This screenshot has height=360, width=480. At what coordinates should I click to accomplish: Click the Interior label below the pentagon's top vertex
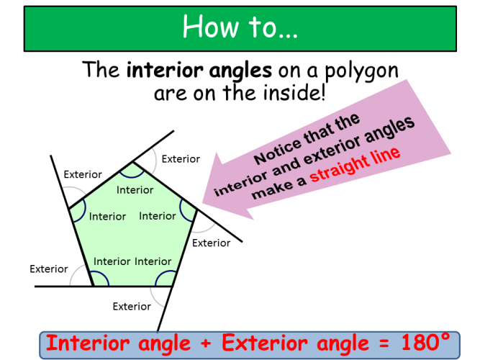click(135, 190)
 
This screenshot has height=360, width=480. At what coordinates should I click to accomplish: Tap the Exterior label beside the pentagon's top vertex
click(181, 158)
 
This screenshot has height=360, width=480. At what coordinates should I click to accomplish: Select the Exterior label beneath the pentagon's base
click(132, 307)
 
